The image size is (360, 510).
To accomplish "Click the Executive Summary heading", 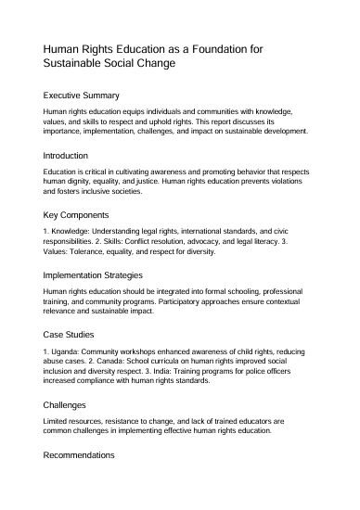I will tap(82, 95).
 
